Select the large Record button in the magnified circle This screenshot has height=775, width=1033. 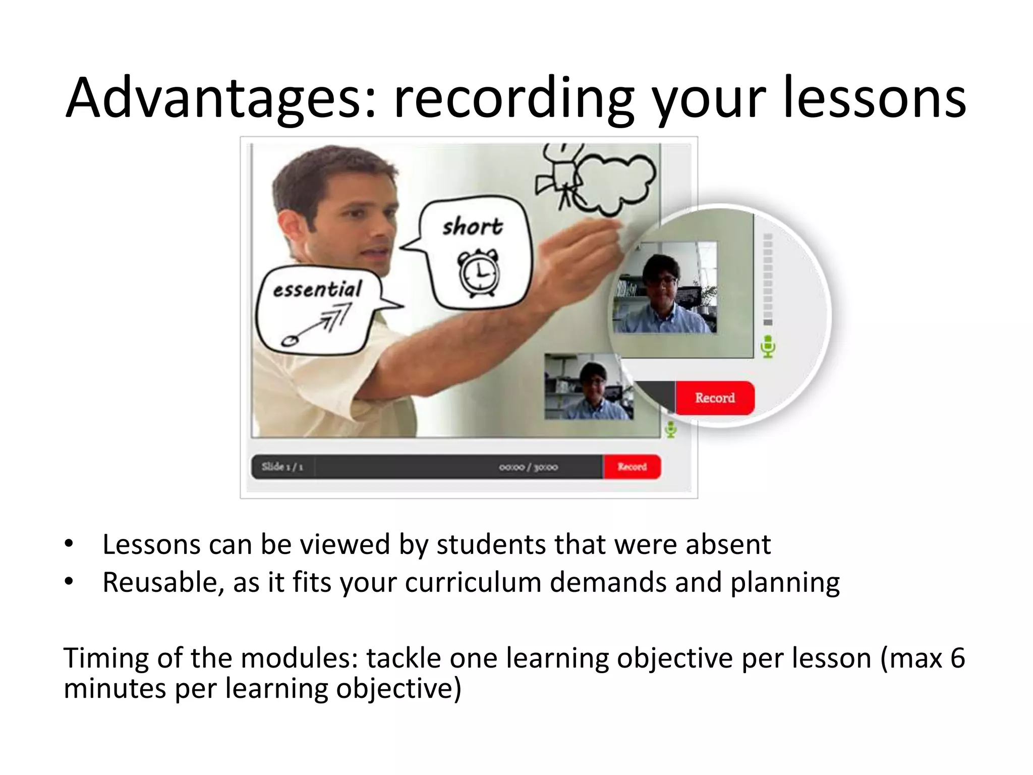pos(715,398)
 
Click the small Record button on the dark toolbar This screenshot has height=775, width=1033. pos(632,467)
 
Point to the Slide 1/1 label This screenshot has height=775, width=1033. pos(282,467)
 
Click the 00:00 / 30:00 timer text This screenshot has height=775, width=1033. pos(528,467)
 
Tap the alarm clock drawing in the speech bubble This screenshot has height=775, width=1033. pos(477,273)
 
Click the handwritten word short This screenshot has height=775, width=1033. pos(473,227)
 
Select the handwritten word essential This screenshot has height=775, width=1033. pos(317,290)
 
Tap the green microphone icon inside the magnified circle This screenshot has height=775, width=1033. pos(768,347)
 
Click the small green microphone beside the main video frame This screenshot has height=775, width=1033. pos(671,429)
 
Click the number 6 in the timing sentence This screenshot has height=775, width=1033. pos(957,658)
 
